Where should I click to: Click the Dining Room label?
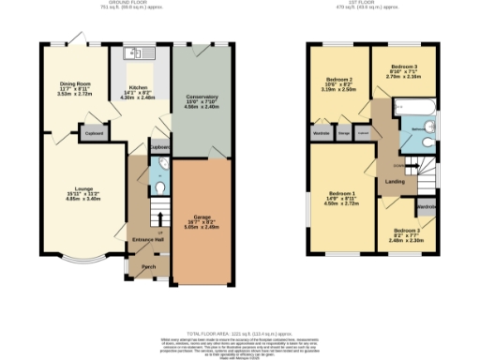click(75, 83)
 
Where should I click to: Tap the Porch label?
click(148, 266)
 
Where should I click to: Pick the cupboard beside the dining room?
click(94, 132)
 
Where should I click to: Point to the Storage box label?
click(344, 133)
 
